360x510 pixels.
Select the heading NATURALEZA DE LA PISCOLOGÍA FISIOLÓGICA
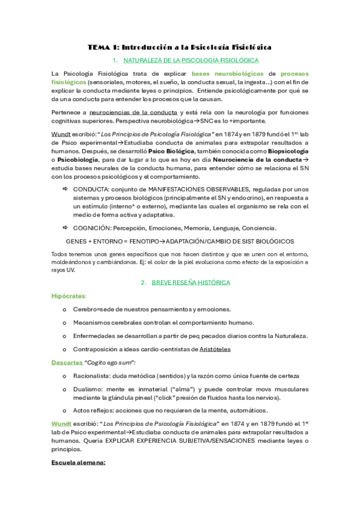coord(191,61)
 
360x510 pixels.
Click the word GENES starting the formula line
coord(76,241)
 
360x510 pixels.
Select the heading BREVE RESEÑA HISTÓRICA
coord(191,282)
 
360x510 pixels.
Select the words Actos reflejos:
coord(97,410)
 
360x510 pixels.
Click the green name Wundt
coord(61,424)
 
